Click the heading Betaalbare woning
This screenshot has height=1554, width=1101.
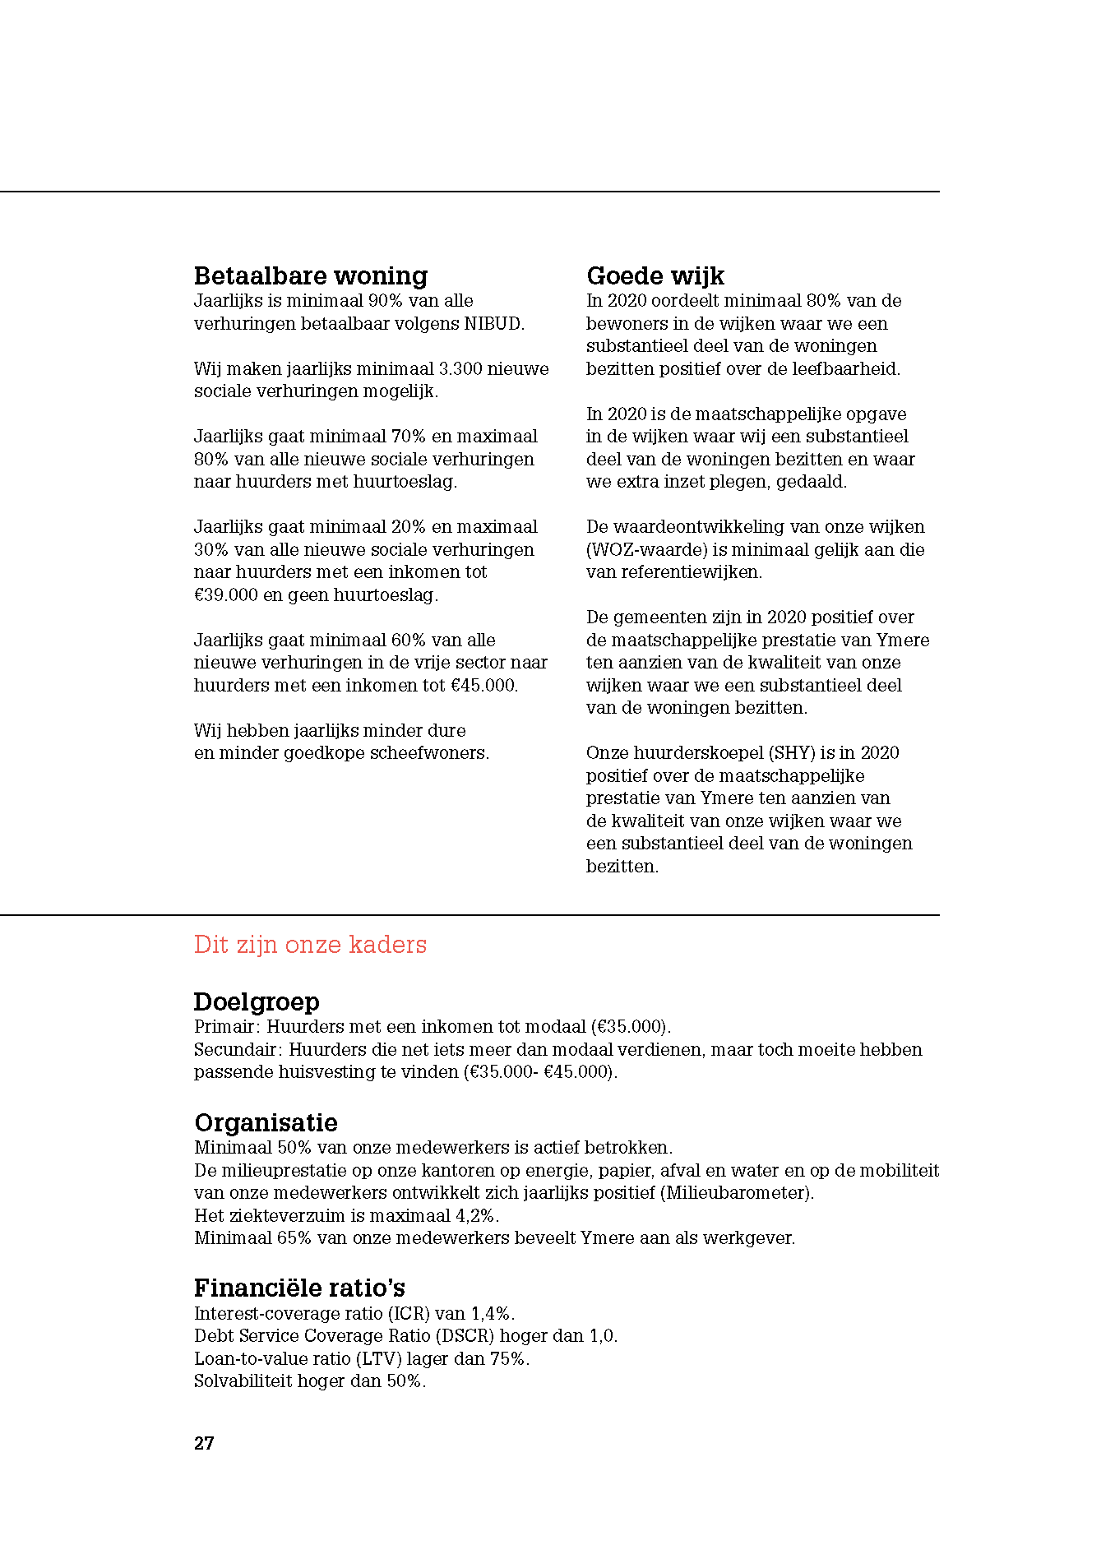311,275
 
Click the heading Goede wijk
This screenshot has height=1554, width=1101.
655,275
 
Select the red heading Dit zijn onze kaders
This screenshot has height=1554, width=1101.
310,945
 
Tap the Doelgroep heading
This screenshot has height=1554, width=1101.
257,1001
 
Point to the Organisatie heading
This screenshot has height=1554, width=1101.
266,1122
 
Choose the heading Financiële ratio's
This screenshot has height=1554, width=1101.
299,1288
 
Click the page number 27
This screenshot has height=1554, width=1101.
204,1443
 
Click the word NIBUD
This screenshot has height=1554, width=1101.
493,324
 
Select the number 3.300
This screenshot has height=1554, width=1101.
460,369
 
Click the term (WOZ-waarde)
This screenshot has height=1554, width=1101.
646,550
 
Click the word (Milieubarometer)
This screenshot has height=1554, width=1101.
737,1193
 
